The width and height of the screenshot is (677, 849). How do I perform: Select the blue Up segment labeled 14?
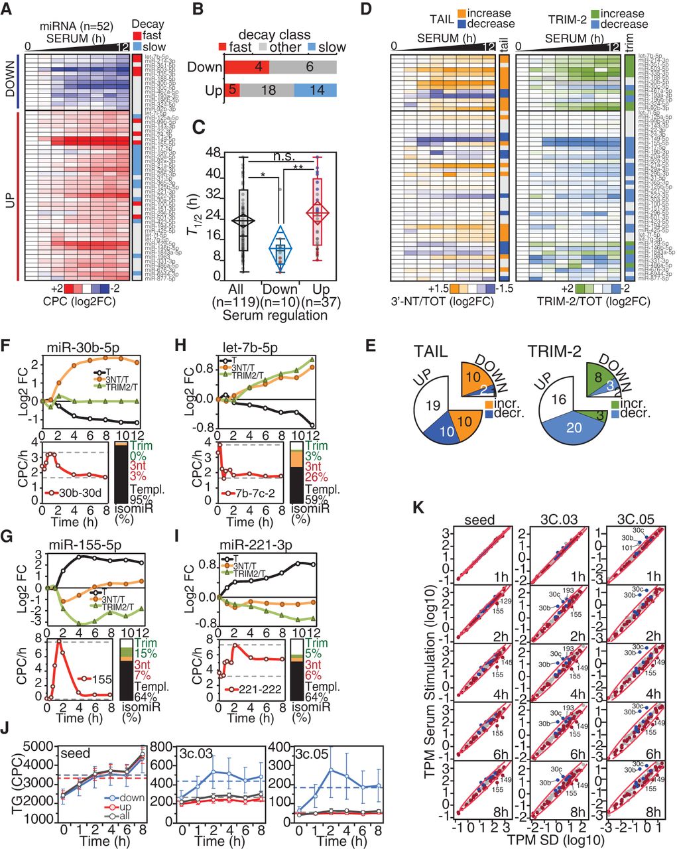click(316, 90)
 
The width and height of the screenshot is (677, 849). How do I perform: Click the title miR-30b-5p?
click(87, 345)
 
